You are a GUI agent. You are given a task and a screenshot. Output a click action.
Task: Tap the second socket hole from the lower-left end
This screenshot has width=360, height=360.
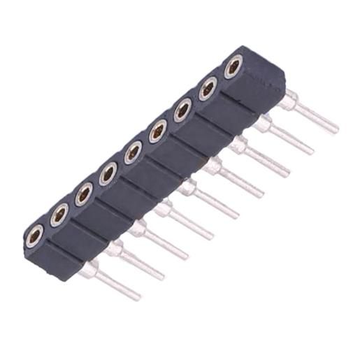(x=59, y=215)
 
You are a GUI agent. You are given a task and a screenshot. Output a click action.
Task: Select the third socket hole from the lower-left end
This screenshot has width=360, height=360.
(x=84, y=194)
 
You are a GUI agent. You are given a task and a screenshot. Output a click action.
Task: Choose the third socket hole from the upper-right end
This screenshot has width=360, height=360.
(x=183, y=109)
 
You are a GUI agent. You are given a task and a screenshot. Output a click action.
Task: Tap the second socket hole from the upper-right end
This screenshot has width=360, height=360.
(x=208, y=88)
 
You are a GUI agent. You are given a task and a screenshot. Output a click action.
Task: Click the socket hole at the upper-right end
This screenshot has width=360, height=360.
(x=233, y=67)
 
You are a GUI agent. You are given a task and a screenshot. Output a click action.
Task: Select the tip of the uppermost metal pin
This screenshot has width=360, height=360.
(x=336, y=130)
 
